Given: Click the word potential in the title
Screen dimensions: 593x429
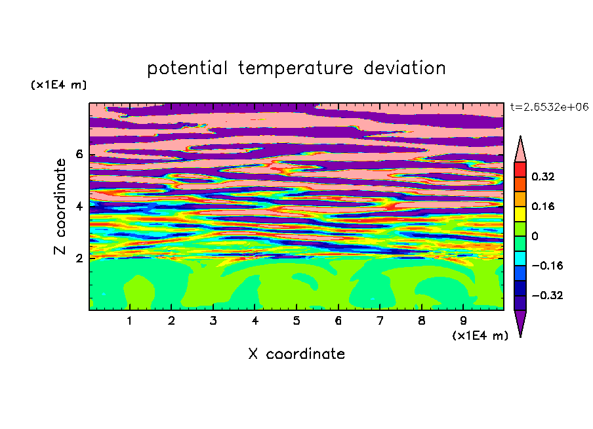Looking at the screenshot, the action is click(x=187, y=69).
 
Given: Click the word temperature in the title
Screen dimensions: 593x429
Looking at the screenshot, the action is click(x=296, y=69).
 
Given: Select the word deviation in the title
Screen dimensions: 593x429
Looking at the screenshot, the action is click(x=405, y=68).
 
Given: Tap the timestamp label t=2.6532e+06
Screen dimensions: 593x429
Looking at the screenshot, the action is click(x=549, y=107).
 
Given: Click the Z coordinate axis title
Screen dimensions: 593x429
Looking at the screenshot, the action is click(x=60, y=207).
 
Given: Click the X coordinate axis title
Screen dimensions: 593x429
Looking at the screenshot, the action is click(x=296, y=354).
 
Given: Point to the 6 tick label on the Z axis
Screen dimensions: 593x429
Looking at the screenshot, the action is click(x=79, y=154).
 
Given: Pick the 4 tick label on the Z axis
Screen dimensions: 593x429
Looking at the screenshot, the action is click(x=79, y=206).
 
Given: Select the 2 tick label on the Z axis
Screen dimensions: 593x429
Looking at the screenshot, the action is click(x=79, y=258).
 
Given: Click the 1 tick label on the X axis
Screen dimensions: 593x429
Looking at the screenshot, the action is click(x=130, y=321).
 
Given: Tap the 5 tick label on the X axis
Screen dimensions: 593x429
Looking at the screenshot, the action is click(x=296, y=321).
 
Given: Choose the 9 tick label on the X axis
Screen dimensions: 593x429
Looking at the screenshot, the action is click(x=463, y=321).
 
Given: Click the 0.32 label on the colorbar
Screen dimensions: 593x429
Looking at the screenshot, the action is click(x=542, y=176).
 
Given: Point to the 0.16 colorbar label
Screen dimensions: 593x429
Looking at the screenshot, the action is click(x=542, y=206).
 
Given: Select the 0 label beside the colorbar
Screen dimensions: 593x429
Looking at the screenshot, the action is click(x=535, y=236).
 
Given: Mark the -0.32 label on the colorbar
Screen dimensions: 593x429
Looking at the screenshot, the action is click(x=547, y=295).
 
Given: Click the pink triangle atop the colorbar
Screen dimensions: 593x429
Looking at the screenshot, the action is click(x=520, y=152).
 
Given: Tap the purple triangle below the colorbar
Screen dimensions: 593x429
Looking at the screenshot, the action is click(x=520, y=321).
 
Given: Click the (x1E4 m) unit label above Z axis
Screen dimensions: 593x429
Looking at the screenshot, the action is click(x=58, y=85).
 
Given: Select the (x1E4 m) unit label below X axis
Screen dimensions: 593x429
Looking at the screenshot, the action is click(x=480, y=336).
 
